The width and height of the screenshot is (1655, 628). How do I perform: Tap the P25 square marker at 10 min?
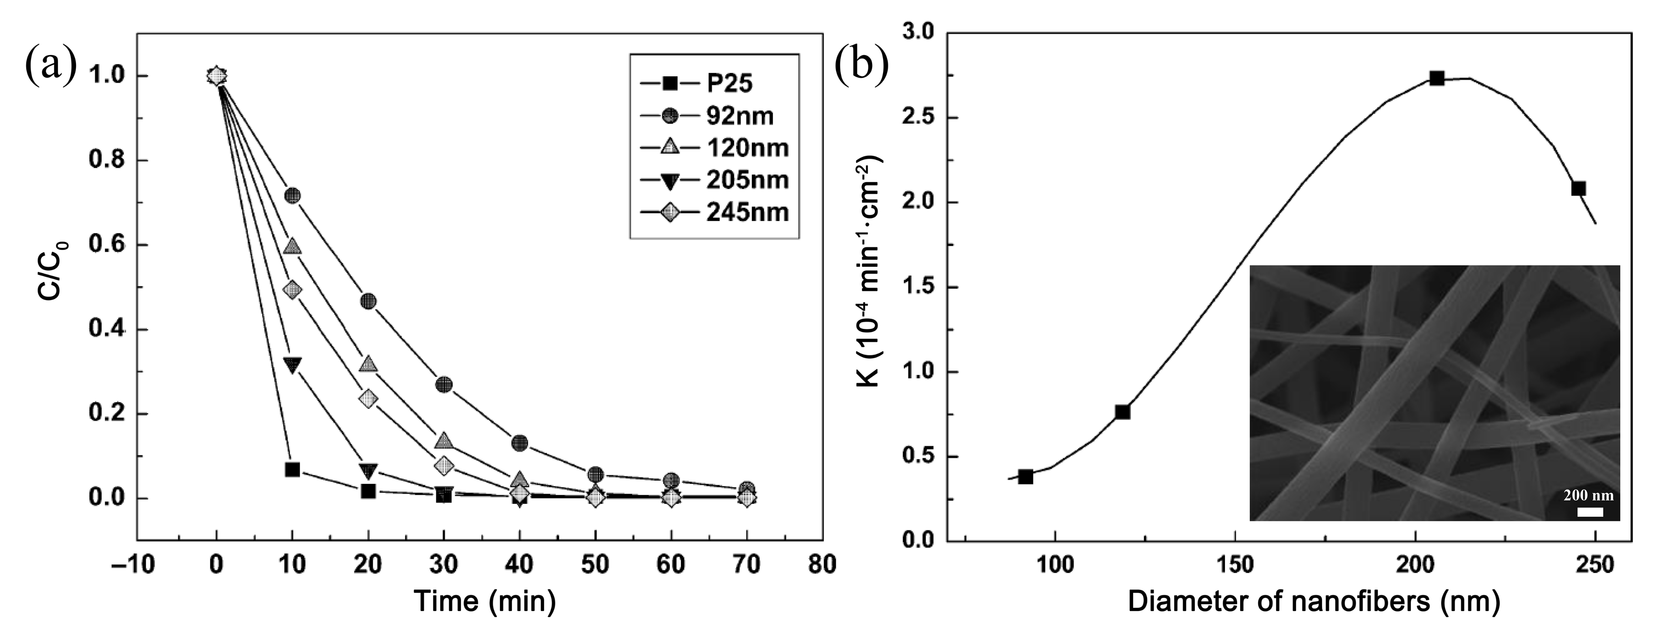292,469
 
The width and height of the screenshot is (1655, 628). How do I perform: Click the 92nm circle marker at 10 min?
292,195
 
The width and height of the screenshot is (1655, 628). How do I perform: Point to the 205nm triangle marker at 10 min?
292,365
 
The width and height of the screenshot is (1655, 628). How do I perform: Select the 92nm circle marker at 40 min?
520,442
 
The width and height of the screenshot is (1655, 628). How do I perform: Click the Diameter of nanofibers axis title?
1314,602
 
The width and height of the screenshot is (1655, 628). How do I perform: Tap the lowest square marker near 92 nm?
1025,477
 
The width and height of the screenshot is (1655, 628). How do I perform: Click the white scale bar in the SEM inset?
1590,512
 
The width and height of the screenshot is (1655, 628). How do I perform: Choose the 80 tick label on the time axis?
822,565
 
